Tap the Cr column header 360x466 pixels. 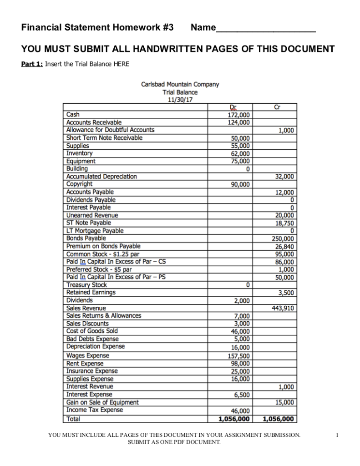[x=276, y=107]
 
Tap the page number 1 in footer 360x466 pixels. [x=337, y=435]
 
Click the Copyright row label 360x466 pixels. [x=80, y=184]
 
